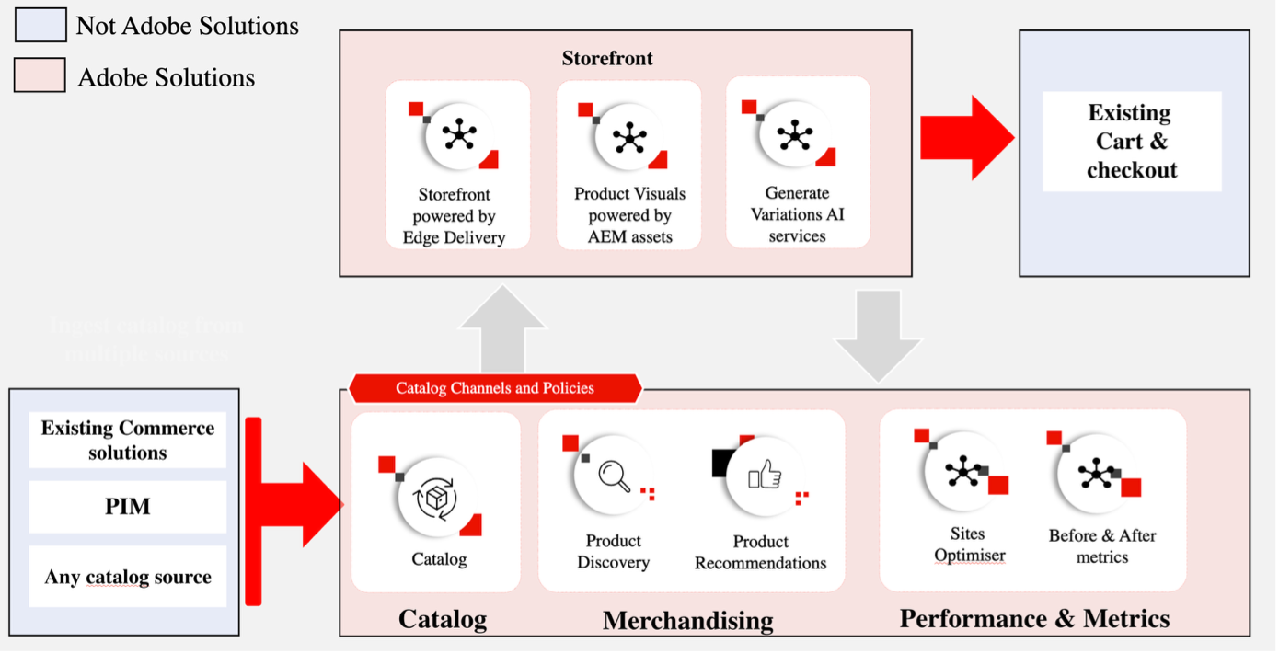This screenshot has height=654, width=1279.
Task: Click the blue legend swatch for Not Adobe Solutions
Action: click(40, 25)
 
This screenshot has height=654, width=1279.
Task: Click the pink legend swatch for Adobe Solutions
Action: click(40, 75)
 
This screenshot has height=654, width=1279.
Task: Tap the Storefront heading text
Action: click(607, 59)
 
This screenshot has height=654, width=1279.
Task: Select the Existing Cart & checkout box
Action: click(1131, 142)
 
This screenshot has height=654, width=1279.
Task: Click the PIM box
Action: click(128, 507)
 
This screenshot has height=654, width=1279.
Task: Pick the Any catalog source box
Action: click(128, 578)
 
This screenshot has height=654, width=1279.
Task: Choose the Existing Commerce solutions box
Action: click(128, 441)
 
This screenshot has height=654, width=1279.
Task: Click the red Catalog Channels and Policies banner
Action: click(495, 388)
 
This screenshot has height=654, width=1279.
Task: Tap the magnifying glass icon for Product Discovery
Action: click(614, 476)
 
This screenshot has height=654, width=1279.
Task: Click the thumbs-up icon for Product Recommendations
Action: click(765, 476)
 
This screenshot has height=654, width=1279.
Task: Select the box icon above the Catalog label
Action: click(439, 500)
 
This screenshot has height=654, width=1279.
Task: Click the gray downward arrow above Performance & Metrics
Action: click(878, 335)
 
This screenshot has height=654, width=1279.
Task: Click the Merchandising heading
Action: click(687, 621)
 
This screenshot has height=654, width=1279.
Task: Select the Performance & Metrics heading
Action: click(1034, 618)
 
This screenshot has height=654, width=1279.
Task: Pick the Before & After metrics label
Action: click(1102, 546)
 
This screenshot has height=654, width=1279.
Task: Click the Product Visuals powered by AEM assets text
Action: click(629, 215)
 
